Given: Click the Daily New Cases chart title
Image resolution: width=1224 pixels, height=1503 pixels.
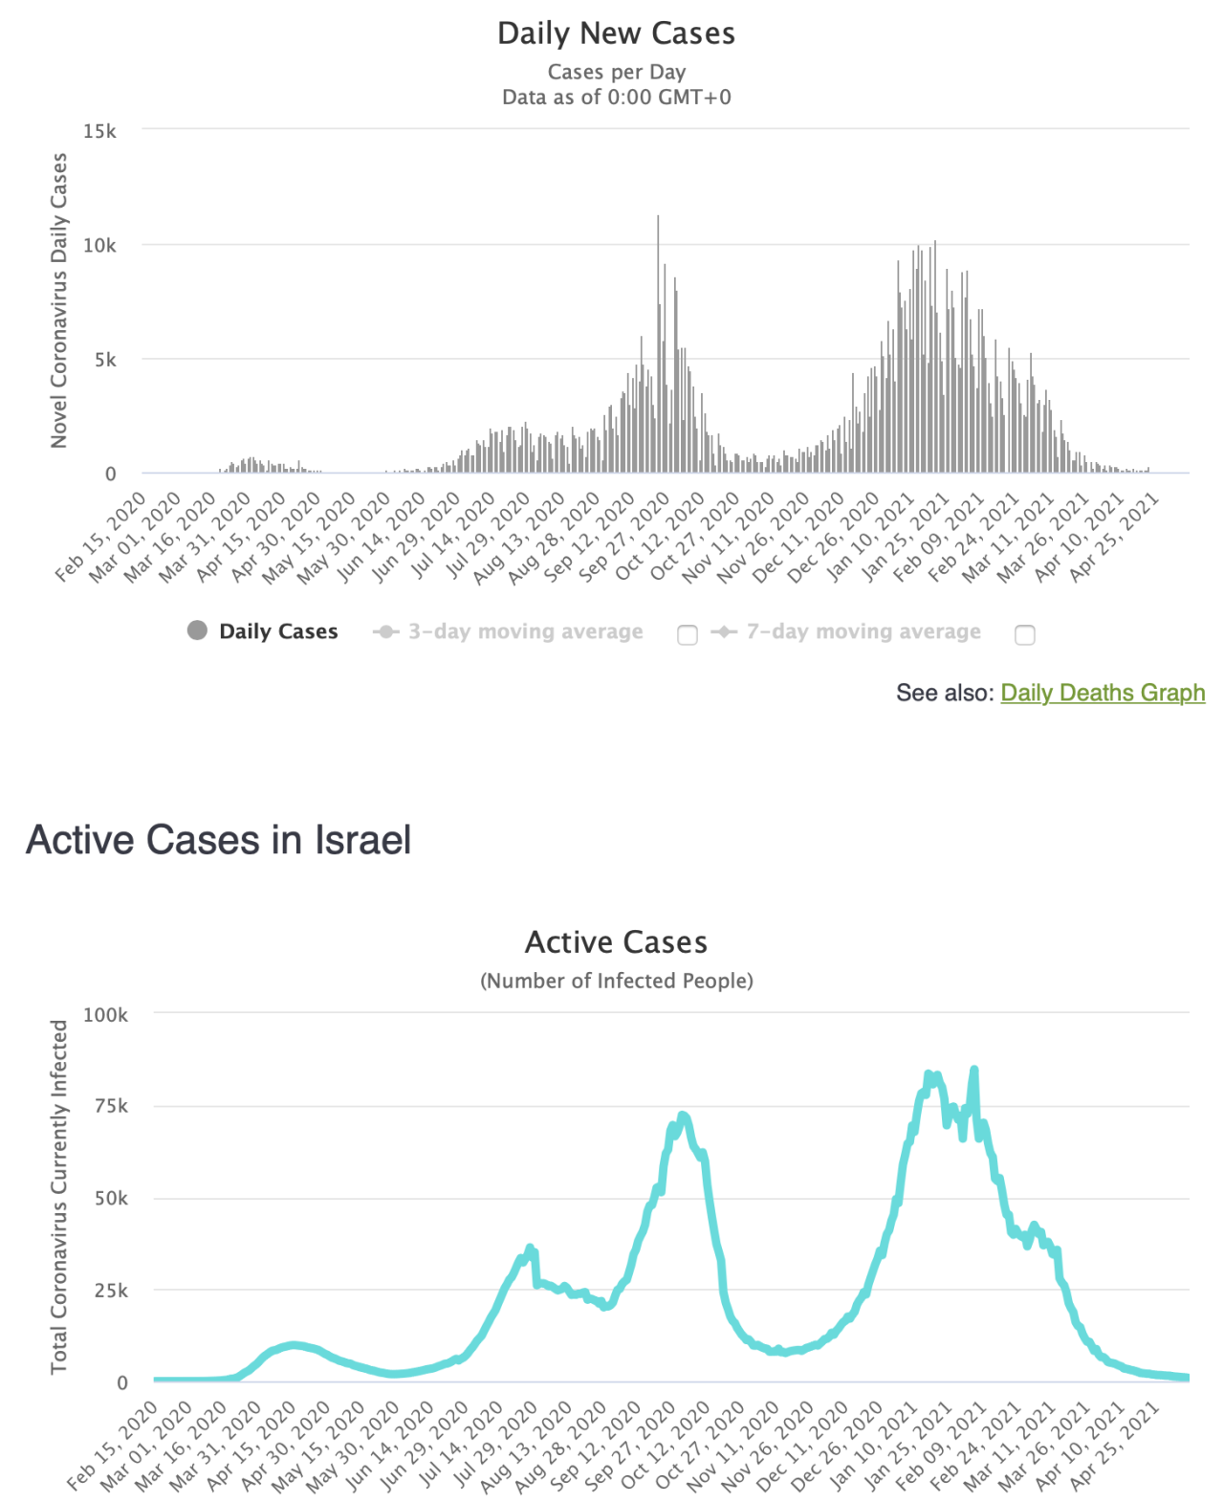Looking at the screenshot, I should click(x=616, y=33).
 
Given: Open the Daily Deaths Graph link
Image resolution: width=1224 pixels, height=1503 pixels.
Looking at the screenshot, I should click(x=1103, y=693).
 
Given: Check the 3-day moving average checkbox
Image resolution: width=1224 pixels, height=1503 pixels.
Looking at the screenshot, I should click(x=688, y=635).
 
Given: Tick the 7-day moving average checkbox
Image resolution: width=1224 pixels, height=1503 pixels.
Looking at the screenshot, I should click(x=1025, y=635).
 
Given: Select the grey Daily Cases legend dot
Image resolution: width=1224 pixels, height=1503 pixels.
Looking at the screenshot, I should click(x=197, y=630).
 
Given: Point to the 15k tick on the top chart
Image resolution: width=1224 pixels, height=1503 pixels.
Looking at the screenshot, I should click(x=99, y=131).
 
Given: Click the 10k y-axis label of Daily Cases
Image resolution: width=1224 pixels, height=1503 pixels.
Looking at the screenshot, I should click(x=99, y=246).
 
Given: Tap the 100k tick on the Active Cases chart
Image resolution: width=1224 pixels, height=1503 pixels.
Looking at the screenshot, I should click(x=105, y=1015).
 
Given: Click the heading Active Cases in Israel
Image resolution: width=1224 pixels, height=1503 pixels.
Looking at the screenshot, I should click(x=218, y=840).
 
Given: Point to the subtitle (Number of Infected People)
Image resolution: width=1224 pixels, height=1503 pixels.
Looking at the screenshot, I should click(x=616, y=981).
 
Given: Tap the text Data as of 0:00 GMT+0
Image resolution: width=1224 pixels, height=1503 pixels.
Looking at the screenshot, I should click(x=616, y=97).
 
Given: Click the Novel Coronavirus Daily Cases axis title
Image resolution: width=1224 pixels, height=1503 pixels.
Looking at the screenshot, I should click(x=59, y=300).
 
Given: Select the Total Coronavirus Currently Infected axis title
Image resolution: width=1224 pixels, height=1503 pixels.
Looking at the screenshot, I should click(x=59, y=1197).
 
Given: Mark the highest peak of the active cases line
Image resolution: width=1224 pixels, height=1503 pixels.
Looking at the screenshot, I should click(x=974, y=1070).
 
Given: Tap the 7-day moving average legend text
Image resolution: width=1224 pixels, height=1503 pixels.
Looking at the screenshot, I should click(x=863, y=631).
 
